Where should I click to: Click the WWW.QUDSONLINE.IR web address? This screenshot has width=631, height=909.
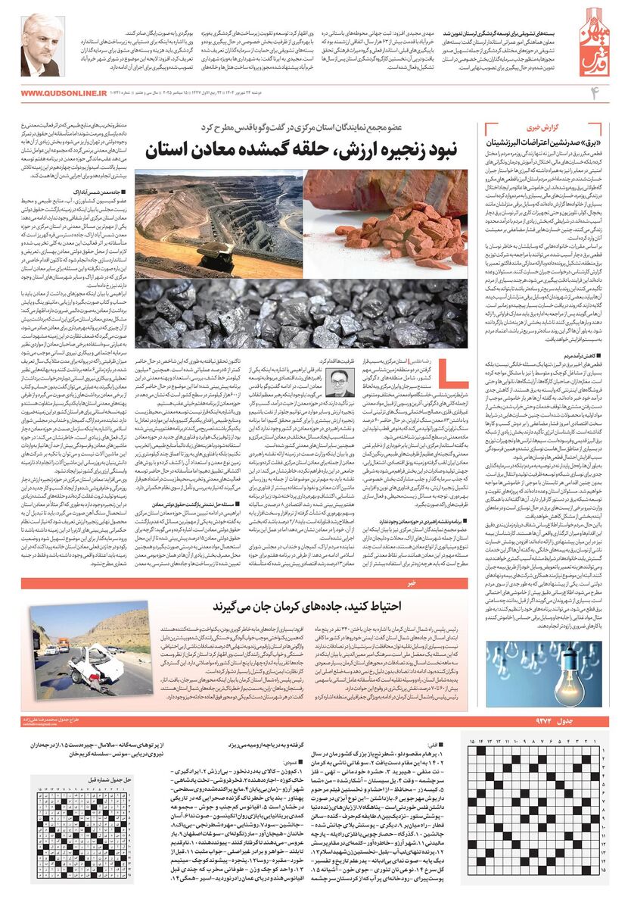[x=61, y=92]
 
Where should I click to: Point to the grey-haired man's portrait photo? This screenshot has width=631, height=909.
[x=40, y=45]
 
